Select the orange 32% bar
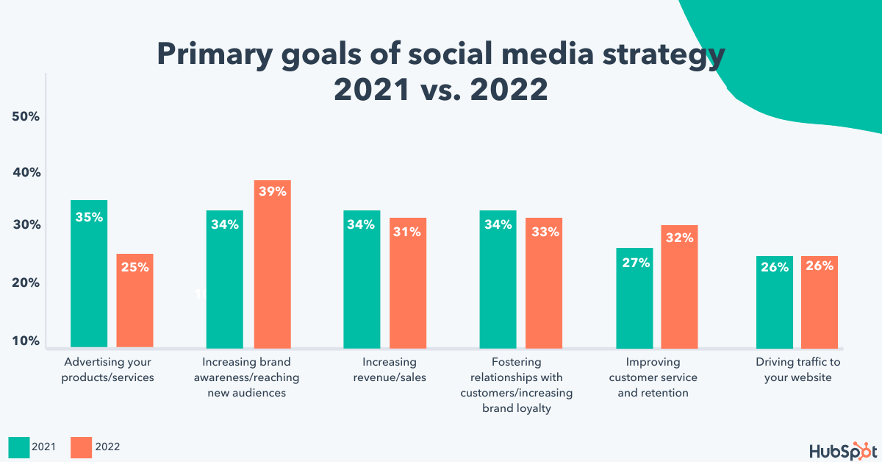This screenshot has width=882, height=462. [679, 286]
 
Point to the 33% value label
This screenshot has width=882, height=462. [544, 232]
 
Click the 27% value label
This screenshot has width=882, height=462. [634, 263]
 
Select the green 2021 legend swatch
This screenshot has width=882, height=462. [18, 447]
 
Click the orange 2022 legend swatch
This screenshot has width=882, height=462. [82, 447]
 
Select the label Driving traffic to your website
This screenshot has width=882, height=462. [797, 370]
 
